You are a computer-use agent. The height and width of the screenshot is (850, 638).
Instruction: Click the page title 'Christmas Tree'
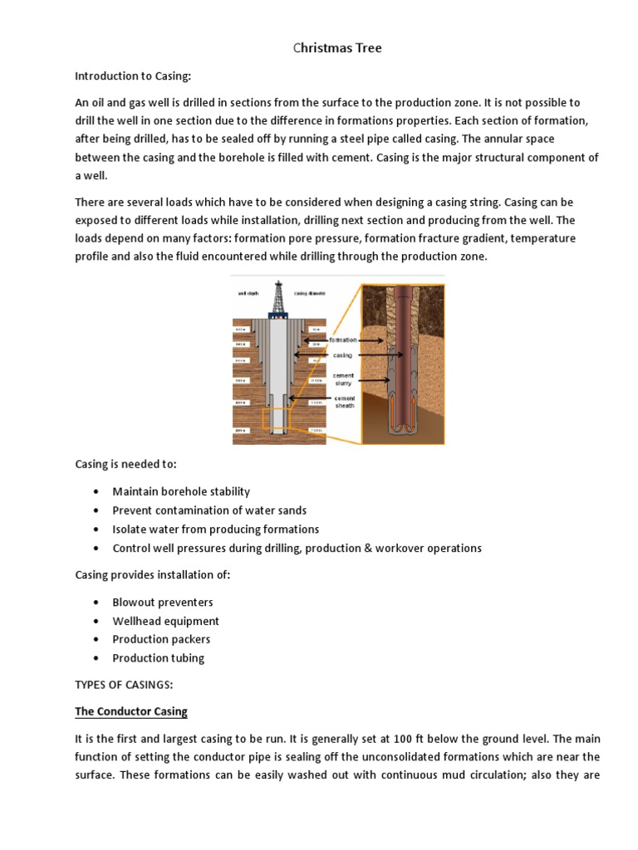pyautogui.click(x=337, y=48)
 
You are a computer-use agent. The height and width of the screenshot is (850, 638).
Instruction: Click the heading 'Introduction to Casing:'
pyautogui.click(x=133, y=76)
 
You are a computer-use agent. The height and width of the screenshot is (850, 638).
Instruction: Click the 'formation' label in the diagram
pyautogui.click(x=343, y=340)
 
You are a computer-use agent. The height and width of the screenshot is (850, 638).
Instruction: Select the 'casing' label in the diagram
pyautogui.click(x=342, y=355)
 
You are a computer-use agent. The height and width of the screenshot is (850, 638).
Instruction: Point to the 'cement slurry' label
pyautogui.click(x=343, y=379)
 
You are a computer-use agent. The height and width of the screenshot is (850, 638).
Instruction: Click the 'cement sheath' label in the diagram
pyautogui.click(x=344, y=403)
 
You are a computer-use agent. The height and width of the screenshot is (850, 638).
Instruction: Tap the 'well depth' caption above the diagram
pyautogui.click(x=247, y=292)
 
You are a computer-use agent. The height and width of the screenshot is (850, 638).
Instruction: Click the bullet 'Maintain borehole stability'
pyautogui.click(x=181, y=491)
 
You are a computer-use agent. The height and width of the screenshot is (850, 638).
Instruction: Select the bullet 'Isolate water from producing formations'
pyautogui.click(x=215, y=529)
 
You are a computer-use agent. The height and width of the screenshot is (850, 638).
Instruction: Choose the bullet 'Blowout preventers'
pyautogui.click(x=163, y=602)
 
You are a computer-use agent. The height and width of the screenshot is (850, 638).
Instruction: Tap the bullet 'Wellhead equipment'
pyautogui.click(x=165, y=621)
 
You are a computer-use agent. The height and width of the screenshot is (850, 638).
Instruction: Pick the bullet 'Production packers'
pyautogui.click(x=161, y=639)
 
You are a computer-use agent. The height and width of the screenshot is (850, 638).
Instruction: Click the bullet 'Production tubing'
pyautogui.click(x=158, y=658)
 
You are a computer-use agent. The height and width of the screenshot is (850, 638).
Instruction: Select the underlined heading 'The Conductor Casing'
pyautogui.click(x=131, y=711)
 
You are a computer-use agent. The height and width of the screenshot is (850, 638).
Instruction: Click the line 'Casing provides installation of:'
pyautogui.click(x=153, y=575)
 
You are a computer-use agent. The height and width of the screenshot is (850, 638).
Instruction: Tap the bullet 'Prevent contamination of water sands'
pyautogui.click(x=209, y=510)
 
